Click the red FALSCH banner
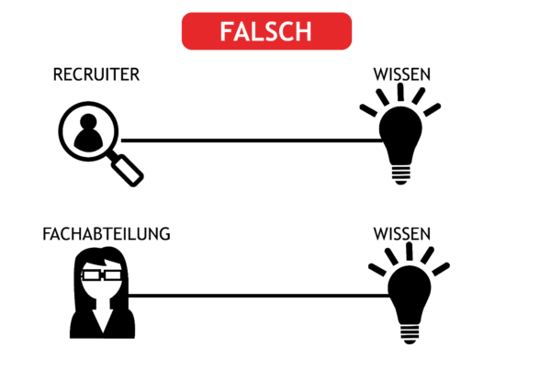tap(266, 30)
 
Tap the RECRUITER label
tap(96, 74)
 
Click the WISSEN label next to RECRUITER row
tap(402, 74)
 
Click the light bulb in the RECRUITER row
tap(402, 138)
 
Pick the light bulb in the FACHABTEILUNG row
tap(409, 298)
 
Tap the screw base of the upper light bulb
tap(401, 172)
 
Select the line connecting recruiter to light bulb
tap(248, 140)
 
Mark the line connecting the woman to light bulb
tap(257, 296)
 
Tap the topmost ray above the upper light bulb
tap(400, 93)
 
